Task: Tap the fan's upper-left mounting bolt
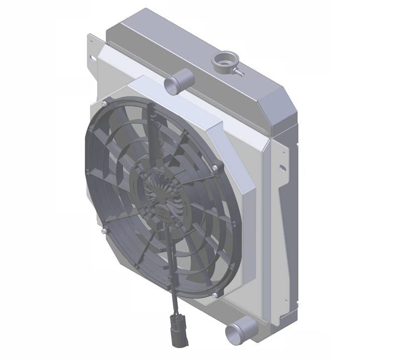coord(103,104)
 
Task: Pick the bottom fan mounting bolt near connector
coord(215,294)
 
